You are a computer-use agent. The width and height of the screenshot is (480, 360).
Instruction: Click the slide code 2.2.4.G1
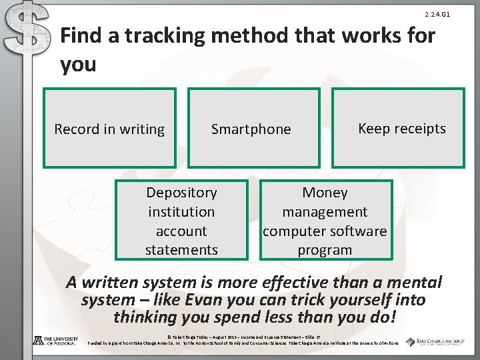pyautogui.click(x=437, y=14)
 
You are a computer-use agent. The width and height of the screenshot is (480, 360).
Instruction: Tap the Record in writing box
pyautogui.click(x=109, y=128)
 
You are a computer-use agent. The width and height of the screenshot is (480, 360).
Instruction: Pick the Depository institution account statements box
pyautogui.click(x=181, y=219)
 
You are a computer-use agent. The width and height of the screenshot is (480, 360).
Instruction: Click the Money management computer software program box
pyautogui.click(x=324, y=219)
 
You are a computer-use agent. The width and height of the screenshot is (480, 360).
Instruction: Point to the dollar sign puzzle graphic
pyautogui.click(x=27, y=33)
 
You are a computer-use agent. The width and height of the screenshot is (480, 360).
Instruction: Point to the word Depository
pyautogui.click(x=181, y=193)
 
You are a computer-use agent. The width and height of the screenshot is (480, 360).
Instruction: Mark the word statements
pyautogui.click(x=181, y=250)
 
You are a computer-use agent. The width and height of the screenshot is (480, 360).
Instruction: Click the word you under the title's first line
pyautogui.click(x=78, y=65)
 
